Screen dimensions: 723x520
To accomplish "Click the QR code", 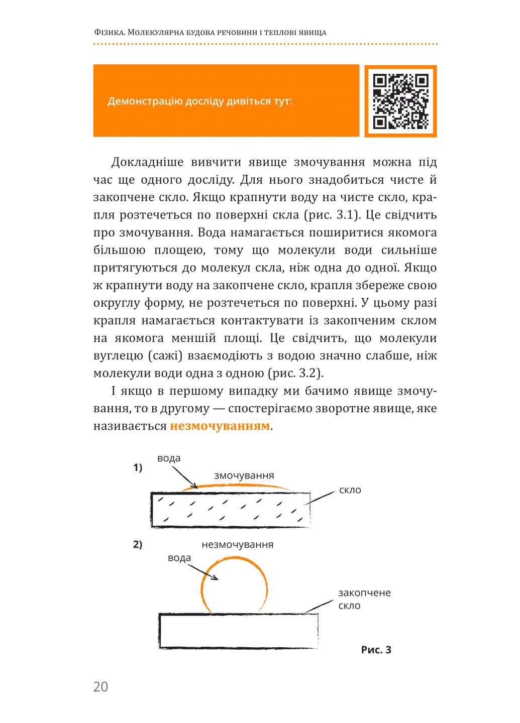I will point(400,101).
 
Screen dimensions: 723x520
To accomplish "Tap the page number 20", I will point(100,687).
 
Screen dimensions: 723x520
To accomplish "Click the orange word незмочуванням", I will point(220,426).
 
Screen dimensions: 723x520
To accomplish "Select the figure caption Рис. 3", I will point(376,650).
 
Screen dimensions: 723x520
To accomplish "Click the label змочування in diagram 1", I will point(244,475).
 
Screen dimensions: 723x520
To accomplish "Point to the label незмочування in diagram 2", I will point(237,545).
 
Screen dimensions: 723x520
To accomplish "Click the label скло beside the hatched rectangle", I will point(350,490).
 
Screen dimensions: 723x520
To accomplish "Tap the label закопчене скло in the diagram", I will point(364,599).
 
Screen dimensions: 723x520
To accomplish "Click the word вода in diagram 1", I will point(169,458).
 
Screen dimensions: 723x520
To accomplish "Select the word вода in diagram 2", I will point(179,558).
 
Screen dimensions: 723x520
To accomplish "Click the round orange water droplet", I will point(235,587).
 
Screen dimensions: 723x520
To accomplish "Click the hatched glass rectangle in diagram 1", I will point(231,510).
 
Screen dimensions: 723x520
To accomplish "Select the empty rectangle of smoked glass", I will point(239,631).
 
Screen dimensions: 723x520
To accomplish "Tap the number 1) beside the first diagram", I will point(138,468).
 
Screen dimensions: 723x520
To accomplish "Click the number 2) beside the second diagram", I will point(138,545).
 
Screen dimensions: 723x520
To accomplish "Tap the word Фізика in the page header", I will point(109,33).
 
